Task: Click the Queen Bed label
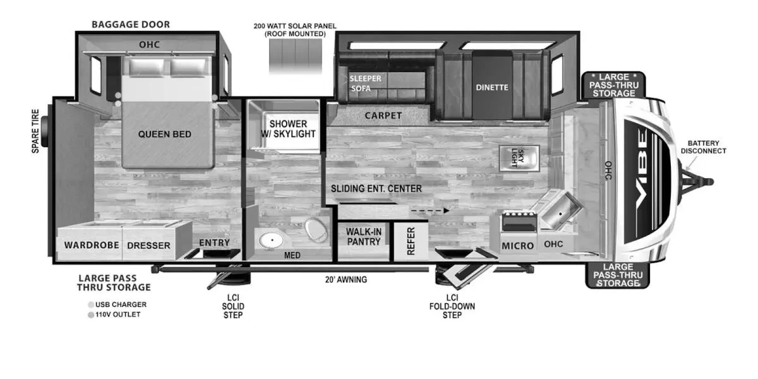pyautogui.click(x=164, y=135)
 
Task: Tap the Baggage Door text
pyautogui.click(x=131, y=25)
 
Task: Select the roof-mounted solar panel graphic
pyautogui.click(x=296, y=56)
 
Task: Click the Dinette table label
pyautogui.click(x=492, y=88)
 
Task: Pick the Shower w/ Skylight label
pyautogui.click(x=288, y=129)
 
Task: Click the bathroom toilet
pyautogui.click(x=316, y=230)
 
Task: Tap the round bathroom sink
pyautogui.click(x=272, y=241)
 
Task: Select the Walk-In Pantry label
pyautogui.click(x=364, y=237)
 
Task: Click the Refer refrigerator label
pyautogui.click(x=411, y=241)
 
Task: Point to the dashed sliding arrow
pyautogui.click(x=430, y=210)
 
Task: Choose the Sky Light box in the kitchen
pyautogui.click(x=519, y=158)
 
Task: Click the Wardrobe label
pyautogui.click(x=92, y=245)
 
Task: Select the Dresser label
pyautogui.click(x=148, y=245)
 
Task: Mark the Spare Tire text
pyautogui.click(x=35, y=131)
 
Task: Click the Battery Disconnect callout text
pyautogui.click(x=703, y=147)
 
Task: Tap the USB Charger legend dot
pyautogui.click(x=91, y=305)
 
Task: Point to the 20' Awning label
pyautogui.click(x=346, y=280)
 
